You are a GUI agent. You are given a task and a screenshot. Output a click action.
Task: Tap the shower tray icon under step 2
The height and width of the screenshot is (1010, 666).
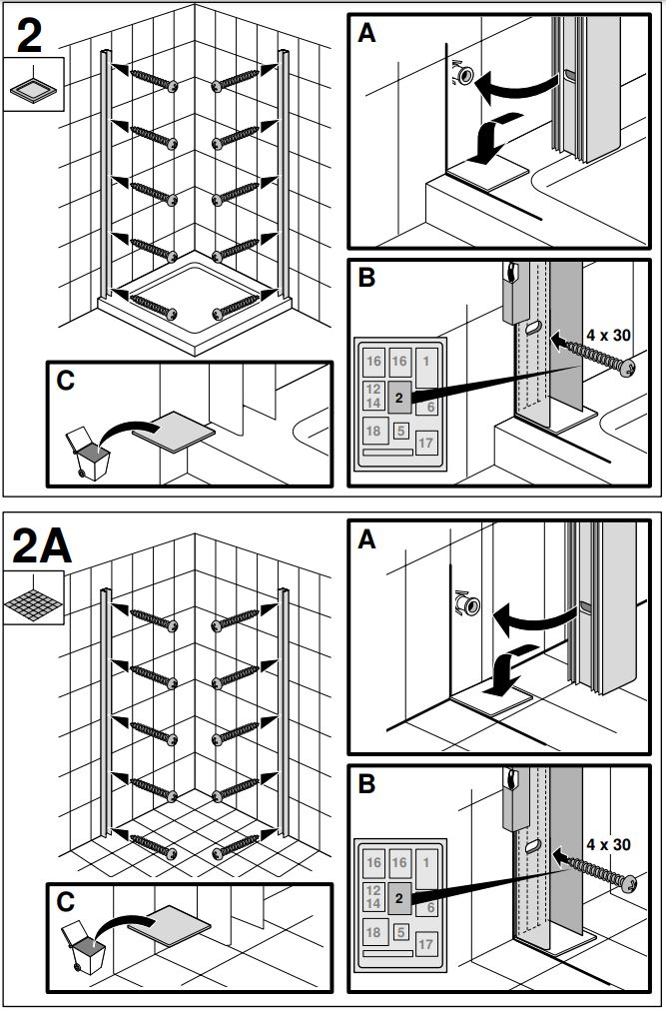pyautogui.click(x=34, y=87)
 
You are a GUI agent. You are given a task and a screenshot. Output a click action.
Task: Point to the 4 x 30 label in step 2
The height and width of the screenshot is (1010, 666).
pyautogui.click(x=607, y=335)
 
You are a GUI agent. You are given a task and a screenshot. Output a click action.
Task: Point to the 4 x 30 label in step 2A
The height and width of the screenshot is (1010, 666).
pyautogui.click(x=607, y=844)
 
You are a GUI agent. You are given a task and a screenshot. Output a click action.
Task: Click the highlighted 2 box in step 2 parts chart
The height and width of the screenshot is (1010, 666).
pyautogui.click(x=398, y=398)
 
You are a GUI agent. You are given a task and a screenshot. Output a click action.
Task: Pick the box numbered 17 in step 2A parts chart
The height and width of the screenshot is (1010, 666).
pyautogui.click(x=425, y=943)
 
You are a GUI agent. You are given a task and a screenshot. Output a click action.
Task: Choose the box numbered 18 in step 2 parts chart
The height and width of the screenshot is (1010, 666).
pyautogui.click(x=373, y=432)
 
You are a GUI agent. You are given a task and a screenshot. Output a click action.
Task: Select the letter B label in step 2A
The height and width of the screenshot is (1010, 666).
pyautogui.click(x=366, y=785)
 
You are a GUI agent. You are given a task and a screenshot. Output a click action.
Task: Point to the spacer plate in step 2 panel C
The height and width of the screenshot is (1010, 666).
pyautogui.click(x=175, y=430)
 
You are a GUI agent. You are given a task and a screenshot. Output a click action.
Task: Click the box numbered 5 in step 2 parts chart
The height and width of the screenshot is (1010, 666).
pyautogui.click(x=401, y=432)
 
